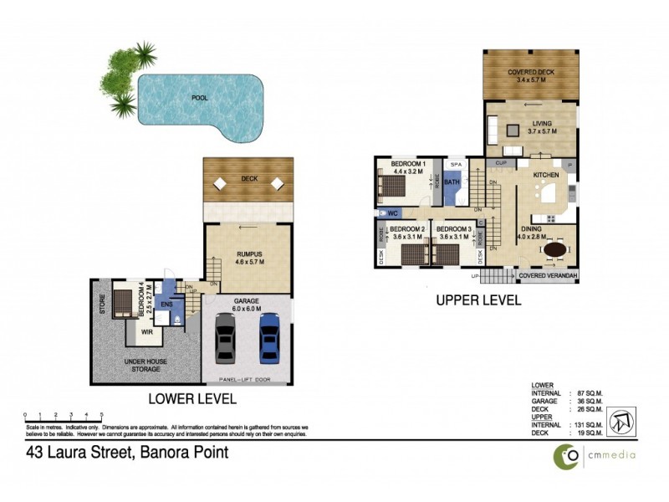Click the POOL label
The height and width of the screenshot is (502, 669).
click(x=199, y=98)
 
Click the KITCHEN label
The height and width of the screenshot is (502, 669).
click(x=546, y=175)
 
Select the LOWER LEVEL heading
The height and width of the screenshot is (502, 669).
click(x=192, y=399)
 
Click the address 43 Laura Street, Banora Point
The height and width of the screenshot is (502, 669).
click(x=125, y=453)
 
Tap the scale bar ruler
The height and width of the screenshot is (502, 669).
click(x=64, y=415)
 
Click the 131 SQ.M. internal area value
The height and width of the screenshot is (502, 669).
click(x=590, y=424)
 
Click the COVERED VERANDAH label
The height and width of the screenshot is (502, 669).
click(x=547, y=275)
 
